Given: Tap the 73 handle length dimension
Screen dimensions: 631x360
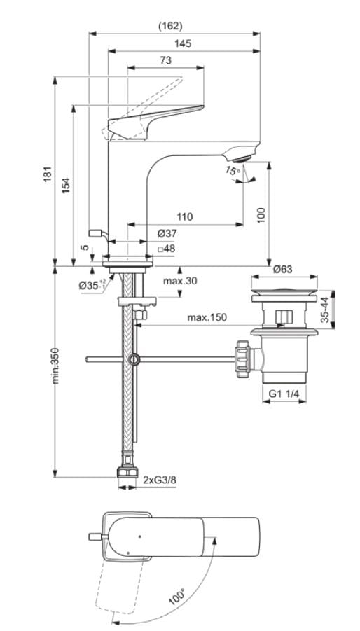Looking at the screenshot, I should (165, 61).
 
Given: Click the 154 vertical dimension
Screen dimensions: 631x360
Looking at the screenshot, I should (65, 184).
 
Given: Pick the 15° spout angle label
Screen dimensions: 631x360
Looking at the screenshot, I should (232, 170).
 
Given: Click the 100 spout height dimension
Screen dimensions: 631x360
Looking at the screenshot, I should (261, 214).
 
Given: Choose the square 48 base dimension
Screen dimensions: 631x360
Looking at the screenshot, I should (166, 248).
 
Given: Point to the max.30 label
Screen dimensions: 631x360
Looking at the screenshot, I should (179, 281).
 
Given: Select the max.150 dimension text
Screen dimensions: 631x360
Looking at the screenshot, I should (207, 318).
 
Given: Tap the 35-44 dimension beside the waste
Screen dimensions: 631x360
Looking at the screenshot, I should (324, 309).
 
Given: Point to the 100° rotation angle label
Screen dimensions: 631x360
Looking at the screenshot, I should (178, 597).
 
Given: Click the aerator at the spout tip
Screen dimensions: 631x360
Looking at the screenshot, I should (245, 153).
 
